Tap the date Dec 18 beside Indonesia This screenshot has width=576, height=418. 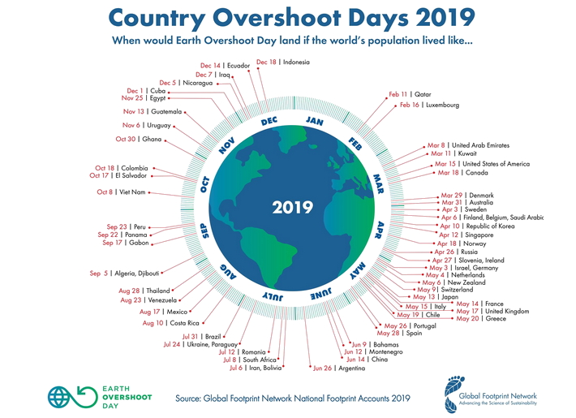point(265,62)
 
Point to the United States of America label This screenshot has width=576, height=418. point(496,164)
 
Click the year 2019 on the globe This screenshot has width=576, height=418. point(293,207)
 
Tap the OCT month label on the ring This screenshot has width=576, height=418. point(205,184)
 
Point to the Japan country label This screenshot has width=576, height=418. point(451,296)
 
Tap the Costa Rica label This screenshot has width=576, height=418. point(187,323)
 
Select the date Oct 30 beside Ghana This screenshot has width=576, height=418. point(126,139)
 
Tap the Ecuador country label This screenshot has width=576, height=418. point(239,66)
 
